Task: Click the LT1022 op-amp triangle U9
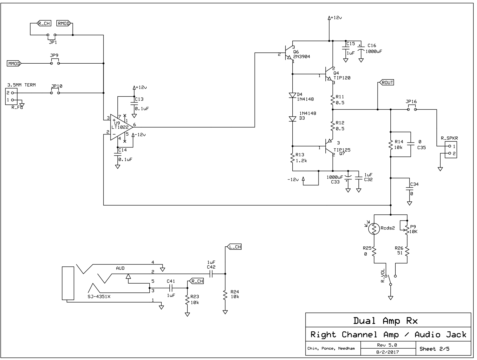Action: click(121, 127)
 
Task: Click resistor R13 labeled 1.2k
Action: click(292, 158)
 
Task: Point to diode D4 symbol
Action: click(292, 95)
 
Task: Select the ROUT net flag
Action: click(386, 82)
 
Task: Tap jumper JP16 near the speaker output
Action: click(412, 109)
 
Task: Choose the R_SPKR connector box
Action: click(451, 150)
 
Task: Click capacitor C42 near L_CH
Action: click(211, 274)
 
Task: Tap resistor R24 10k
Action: click(225, 295)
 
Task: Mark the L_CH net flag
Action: click(235, 247)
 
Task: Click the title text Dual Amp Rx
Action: click(385, 321)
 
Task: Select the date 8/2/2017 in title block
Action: click(388, 352)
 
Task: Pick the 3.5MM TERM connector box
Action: click(11, 96)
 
